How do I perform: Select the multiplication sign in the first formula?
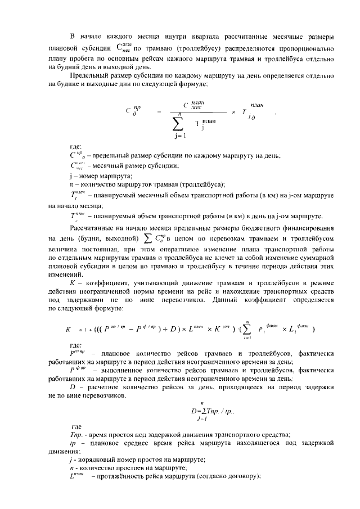click(x=232, y=111)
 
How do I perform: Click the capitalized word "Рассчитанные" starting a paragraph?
click(x=93, y=228)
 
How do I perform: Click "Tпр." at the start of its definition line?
click(x=75, y=435)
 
